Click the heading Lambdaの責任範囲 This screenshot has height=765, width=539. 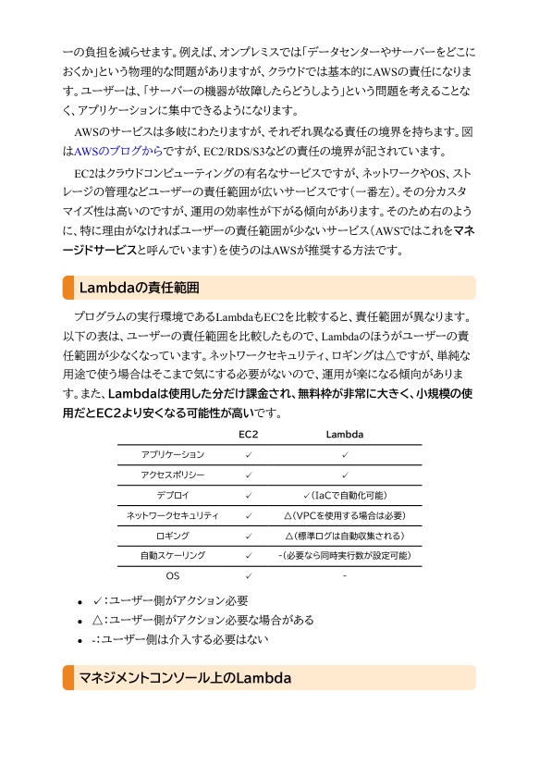(x=140, y=288)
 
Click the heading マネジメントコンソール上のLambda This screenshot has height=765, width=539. (x=185, y=678)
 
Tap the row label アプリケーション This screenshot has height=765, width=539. (x=172, y=454)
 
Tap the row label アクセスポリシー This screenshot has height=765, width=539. (x=172, y=475)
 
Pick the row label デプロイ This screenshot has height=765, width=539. (x=172, y=495)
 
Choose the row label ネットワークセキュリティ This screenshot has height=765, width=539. (x=172, y=515)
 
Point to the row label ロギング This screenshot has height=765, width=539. (x=172, y=536)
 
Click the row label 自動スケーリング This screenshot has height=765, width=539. (x=172, y=555)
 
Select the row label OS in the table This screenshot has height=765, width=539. (x=172, y=575)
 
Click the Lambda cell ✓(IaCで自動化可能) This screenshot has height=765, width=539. (x=344, y=495)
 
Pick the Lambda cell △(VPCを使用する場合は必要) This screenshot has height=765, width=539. (x=344, y=515)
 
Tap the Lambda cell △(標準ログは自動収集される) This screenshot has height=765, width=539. (x=344, y=536)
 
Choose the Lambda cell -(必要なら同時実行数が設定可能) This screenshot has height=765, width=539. (x=344, y=555)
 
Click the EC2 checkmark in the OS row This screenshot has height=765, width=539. (x=249, y=575)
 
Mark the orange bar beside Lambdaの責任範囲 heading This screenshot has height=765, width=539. (x=67, y=288)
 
